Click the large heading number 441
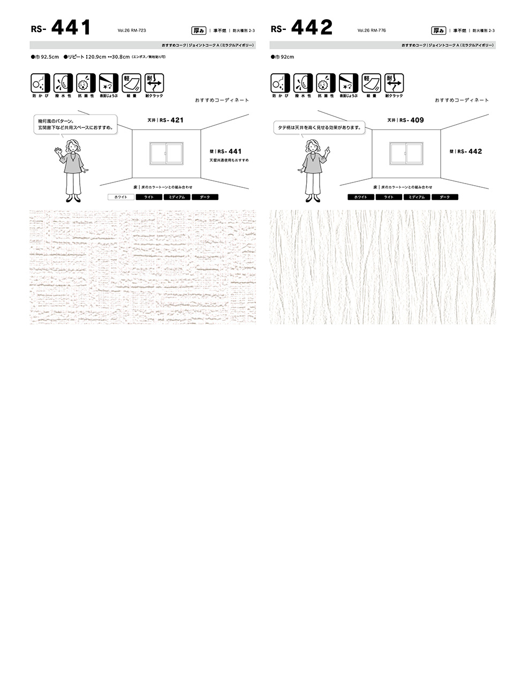pyautogui.click(x=71, y=27)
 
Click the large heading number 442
pyautogui.click(x=312, y=27)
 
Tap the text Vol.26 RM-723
pyautogui.click(x=132, y=31)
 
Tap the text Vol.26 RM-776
pyautogui.click(x=372, y=31)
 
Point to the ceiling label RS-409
pyautogui.click(x=405, y=120)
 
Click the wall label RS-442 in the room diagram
pyautogui.click(x=466, y=151)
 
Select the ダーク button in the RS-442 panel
pyautogui.click(x=445, y=197)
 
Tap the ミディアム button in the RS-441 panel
pyautogui.click(x=177, y=197)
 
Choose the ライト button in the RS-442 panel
pyautogui.click(x=389, y=197)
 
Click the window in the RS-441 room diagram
pyautogui.click(x=167, y=153)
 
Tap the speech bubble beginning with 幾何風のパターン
pyautogui.click(x=74, y=124)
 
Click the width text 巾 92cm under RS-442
pyautogui.click(x=283, y=57)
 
